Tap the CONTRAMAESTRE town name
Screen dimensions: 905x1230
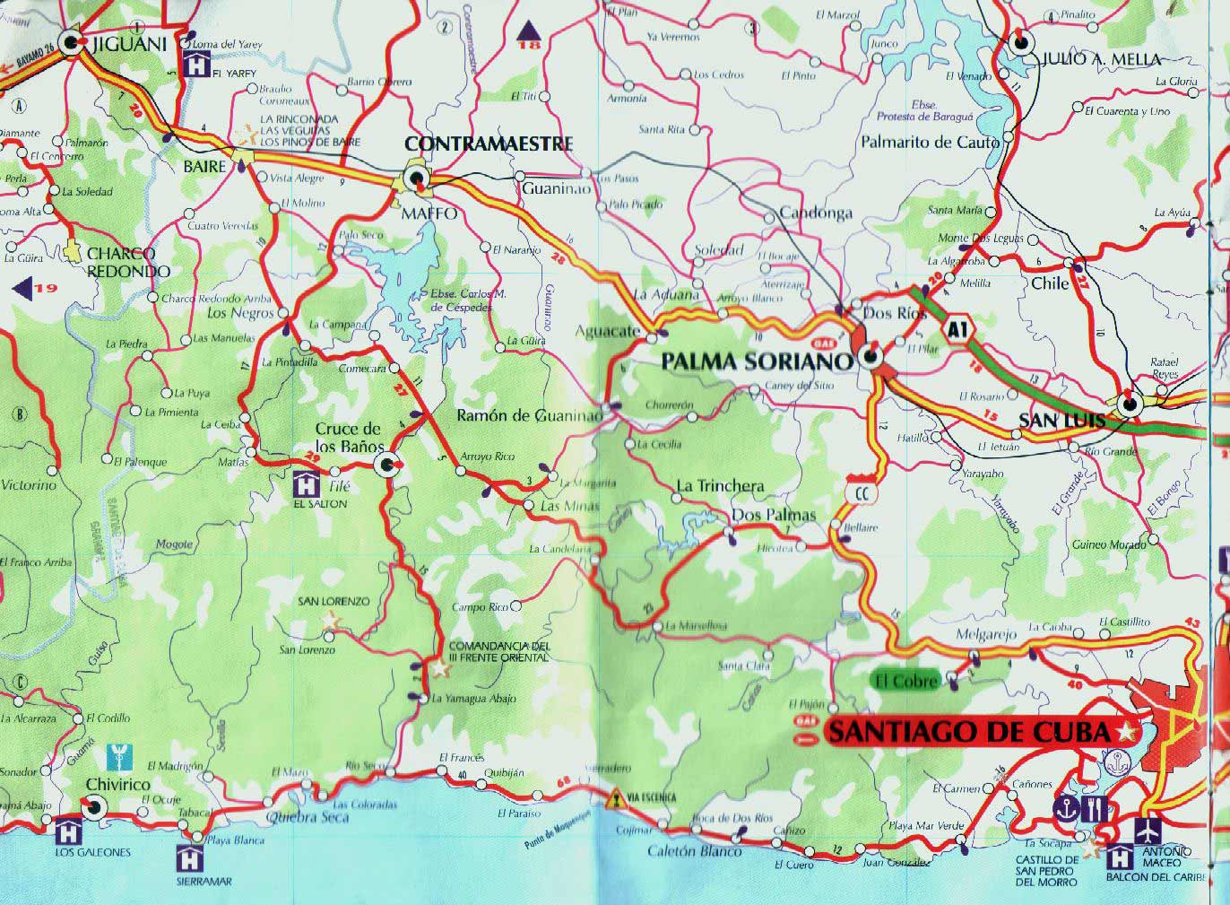(x=489, y=144)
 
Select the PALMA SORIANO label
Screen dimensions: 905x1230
(x=757, y=361)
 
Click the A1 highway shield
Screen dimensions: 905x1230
(x=958, y=329)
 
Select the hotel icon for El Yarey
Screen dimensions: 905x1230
(x=195, y=63)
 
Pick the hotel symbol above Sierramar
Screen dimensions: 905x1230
(x=191, y=856)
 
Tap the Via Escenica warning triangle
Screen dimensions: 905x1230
(x=615, y=797)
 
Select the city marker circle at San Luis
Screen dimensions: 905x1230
(x=1130, y=404)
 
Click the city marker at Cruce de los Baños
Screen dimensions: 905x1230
(x=387, y=464)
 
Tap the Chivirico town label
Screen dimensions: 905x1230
(x=117, y=785)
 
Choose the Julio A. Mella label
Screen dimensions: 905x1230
(x=1101, y=59)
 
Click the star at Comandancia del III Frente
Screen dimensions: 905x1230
(x=438, y=668)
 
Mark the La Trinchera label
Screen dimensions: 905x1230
(x=720, y=486)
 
